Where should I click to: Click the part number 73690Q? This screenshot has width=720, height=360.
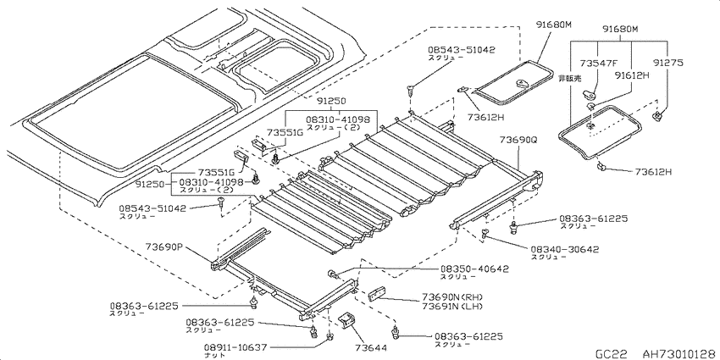pos(518,138)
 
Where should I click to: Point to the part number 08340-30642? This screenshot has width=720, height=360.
pos(564,249)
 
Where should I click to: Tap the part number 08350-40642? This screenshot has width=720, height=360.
pos(474,269)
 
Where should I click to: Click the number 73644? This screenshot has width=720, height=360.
pos(370,347)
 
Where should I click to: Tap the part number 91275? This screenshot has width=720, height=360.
pos(668,63)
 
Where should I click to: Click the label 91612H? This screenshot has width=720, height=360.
pos(631,75)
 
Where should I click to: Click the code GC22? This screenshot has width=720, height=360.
pos(612,353)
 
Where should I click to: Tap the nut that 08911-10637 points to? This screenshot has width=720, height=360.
pos(330,339)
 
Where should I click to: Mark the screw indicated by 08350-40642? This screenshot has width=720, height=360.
pos(333,275)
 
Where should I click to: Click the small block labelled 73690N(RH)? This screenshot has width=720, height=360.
pos(378,293)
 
